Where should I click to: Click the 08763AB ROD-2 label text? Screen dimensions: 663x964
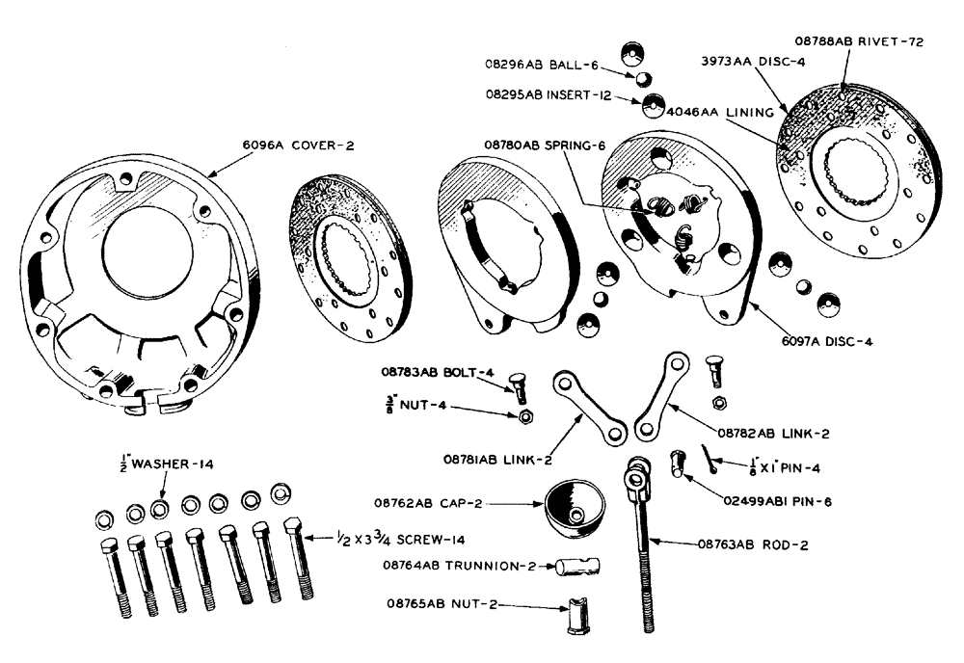click(x=753, y=545)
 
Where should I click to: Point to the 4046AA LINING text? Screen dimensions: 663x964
click(x=722, y=113)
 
